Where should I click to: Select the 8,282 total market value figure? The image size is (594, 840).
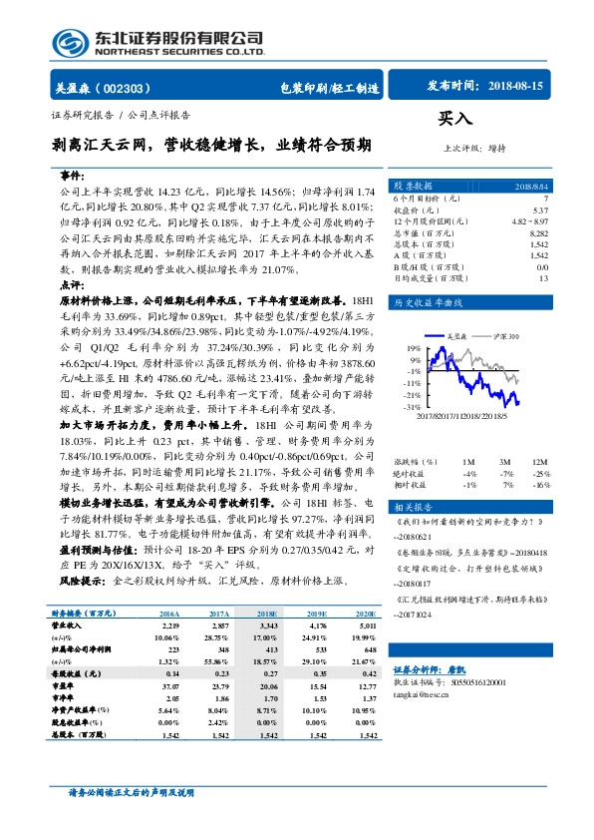point(539,230)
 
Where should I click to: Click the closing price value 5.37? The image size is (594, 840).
point(540,210)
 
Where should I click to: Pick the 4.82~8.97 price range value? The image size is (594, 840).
point(529,220)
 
